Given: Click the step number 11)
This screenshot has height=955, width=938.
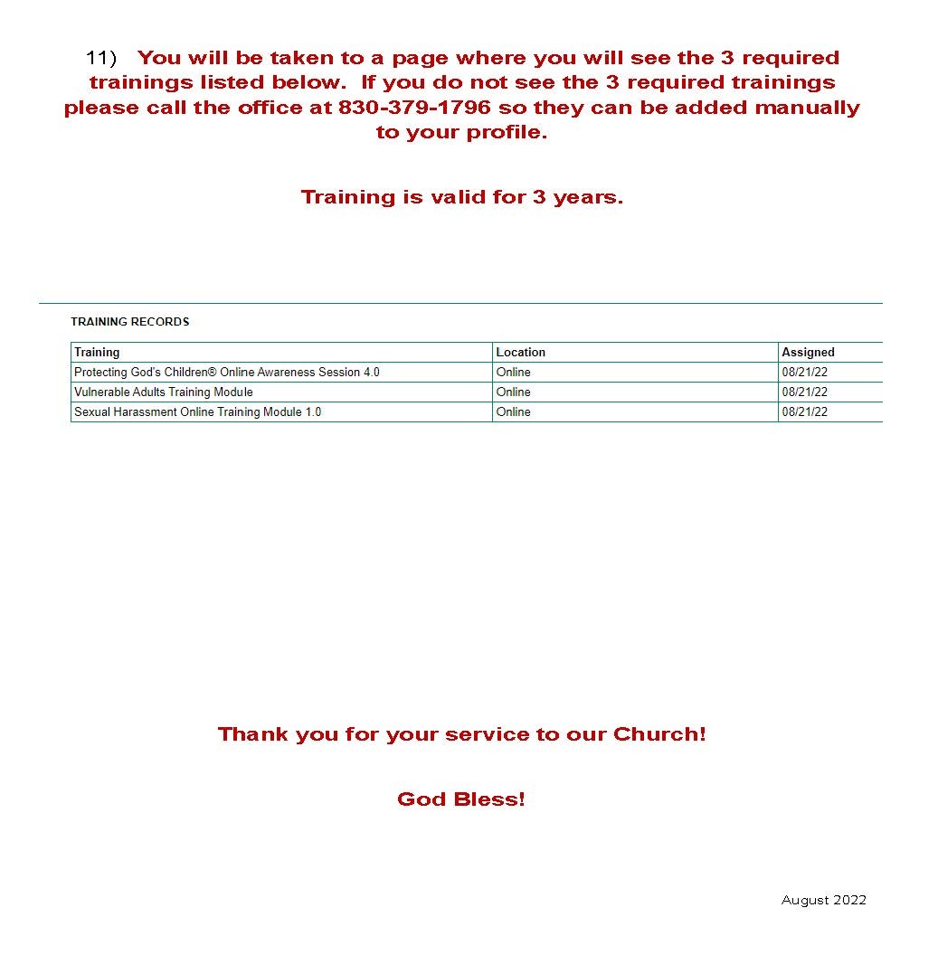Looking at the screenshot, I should pyautogui.click(x=101, y=58).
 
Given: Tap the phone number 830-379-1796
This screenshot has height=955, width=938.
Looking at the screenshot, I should pyautogui.click(x=414, y=108).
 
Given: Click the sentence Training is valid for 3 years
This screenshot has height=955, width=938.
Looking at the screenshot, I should pyautogui.click(x=461, y=197).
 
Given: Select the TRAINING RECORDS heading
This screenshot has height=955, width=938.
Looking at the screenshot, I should pyautogui.click(x=130, y=322).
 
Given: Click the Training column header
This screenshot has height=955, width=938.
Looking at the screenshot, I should pyautogui.click(x=97, y=353).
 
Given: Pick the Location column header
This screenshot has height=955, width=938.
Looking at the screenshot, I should pyautogui.click(x=521, y=353).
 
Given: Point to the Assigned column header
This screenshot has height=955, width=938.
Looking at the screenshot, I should pyautogui.click(x=808, y=353).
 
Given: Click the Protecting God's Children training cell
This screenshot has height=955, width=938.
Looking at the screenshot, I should pyautogui.click(x=226, y=373).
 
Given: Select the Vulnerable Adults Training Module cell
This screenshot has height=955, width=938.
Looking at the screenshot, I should pyautogui.click(x=164, y=392).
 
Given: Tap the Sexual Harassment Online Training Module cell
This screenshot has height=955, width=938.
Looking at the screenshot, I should pyautogui.click(x=197, y=412).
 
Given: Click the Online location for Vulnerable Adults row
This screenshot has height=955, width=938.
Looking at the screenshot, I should pyautogui.click(x=514, y=392).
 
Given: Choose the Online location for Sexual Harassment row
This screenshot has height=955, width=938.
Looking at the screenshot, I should pyautogui.click(x=514, y=412).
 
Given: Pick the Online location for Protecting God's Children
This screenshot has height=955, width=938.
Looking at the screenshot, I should pyautogui.click(x=514, y=373).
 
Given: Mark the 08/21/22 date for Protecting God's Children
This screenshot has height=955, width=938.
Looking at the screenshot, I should pyautogui.click(x=804, y=373).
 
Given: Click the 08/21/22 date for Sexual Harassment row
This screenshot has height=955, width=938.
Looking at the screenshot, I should pyautogui.click(x=804, y=412).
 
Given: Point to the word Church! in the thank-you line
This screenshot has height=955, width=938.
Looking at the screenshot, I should pyautogui.click(x=659, y=734).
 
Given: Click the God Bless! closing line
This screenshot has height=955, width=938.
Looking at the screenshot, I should pyautogui.click(x=460, y=799).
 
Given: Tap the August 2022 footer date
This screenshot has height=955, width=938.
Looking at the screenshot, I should pyautogui.click(x=823, y=900).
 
